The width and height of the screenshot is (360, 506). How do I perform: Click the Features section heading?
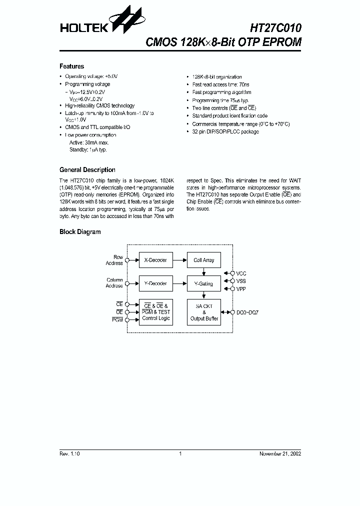coord(71,66)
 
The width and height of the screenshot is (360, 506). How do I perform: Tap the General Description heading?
coord(87,170)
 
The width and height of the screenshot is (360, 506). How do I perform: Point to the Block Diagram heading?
coord(80,232)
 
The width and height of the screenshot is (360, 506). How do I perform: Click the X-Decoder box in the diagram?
coord(155,260)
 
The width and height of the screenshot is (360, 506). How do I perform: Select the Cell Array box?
coord(203,260)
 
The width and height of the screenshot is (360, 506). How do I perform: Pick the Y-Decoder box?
coord(155,283)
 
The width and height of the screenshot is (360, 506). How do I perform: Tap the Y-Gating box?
coord(203,283)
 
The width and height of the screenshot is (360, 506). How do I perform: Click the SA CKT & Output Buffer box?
coord(203,312)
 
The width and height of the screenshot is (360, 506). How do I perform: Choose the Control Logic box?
coord(155,312)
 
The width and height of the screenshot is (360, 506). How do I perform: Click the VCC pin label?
coord(241,273)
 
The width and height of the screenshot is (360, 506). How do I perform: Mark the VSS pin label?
coord(241,281)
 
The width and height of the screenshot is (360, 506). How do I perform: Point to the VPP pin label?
coord(241,288)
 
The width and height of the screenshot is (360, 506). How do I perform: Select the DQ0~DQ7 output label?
coord(248,312)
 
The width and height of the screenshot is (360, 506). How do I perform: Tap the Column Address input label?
coord(114,283)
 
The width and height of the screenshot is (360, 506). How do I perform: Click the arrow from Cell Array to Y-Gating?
coord(203,271)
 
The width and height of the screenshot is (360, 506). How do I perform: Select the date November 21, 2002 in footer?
coord(280,453)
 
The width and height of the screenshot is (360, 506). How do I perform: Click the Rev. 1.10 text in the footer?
coord(69,453)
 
